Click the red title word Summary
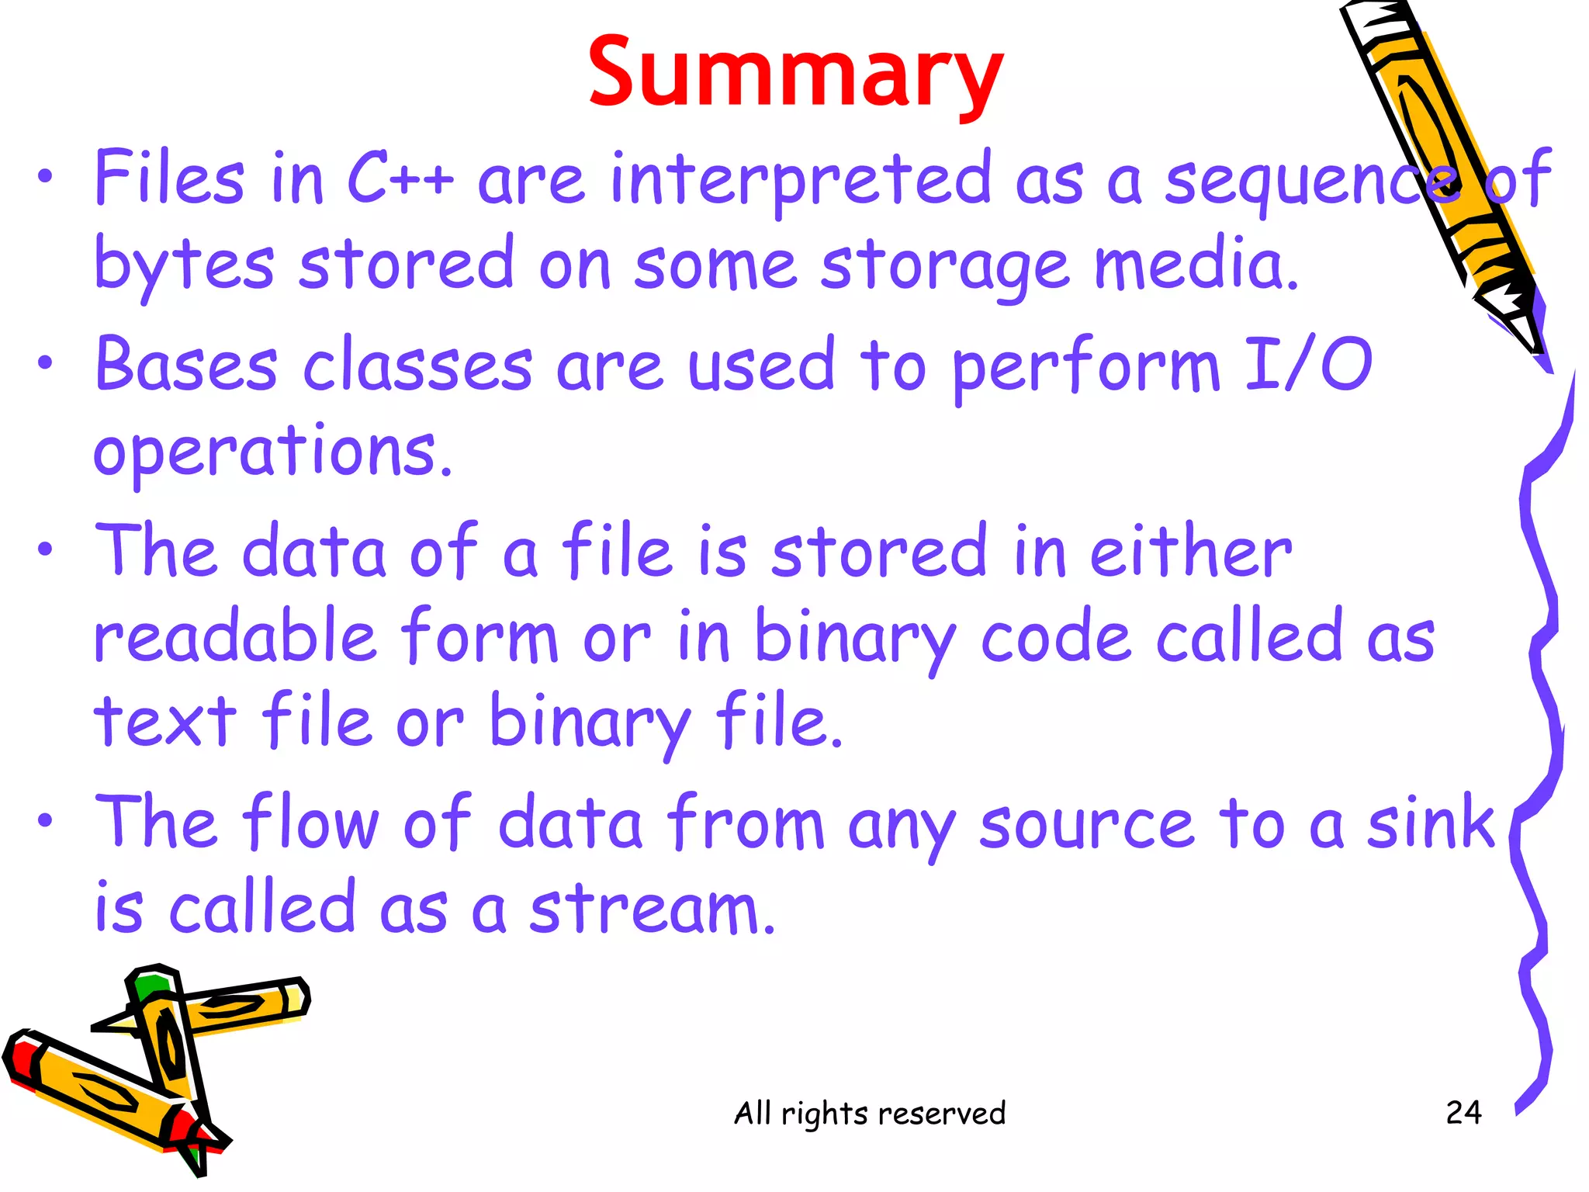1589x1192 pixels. pos(795,74)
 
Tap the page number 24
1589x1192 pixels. pos(1463,1113)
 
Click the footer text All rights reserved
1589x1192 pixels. pos(870,1113)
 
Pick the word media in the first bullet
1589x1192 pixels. pos(1195,264)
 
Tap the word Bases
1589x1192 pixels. pos(186,365)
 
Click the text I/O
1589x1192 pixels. pos(1308,365)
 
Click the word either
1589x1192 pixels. pos(1191,551)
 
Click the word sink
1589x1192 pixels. pos(1430,823)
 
